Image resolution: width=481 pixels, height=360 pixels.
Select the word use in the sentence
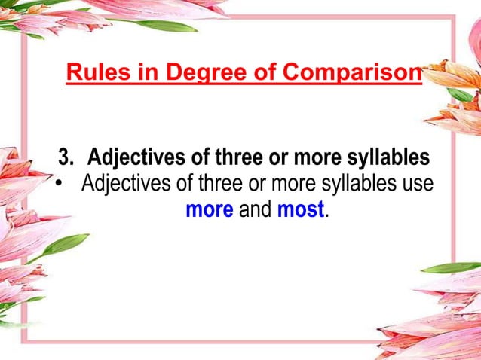click(x=417, y=184)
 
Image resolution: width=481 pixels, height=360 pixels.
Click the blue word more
click(x=209, y=209)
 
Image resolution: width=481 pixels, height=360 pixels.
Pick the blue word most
click(x=300, y=209)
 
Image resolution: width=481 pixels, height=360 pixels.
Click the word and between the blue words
click(x=255, y=209)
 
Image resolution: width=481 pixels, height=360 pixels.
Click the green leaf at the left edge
click(x=65, y=244)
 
